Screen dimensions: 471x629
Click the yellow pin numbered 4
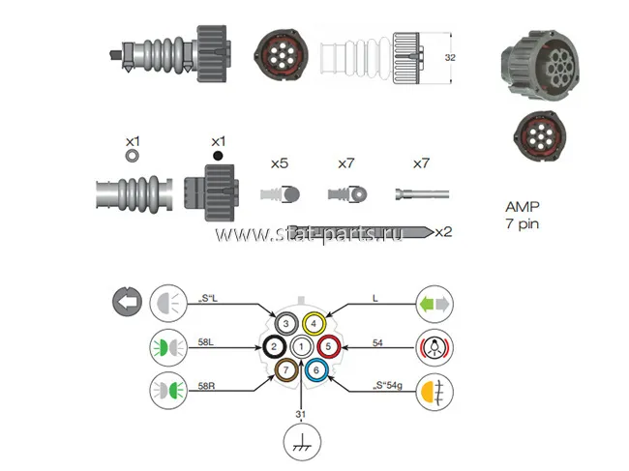[x=314, y=323]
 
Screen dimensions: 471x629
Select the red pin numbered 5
[x=328, y=344]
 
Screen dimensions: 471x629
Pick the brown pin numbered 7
[x=287, y=368]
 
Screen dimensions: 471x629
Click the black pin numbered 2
[x=274, y=345]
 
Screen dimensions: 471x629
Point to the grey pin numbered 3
[x=286, y=323]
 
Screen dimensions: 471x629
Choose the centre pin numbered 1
[x=301, y=345]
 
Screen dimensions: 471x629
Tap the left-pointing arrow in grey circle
[x=126, y=301]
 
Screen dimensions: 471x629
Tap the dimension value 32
[x=449, y=58]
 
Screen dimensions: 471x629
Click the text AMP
[x=522, y=206]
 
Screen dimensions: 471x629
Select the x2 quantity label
[x=442, y=231]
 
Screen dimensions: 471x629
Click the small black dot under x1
[x=218, y=155]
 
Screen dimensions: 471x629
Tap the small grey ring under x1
[x=133, y=154]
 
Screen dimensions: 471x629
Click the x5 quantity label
[x=279, y=163]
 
